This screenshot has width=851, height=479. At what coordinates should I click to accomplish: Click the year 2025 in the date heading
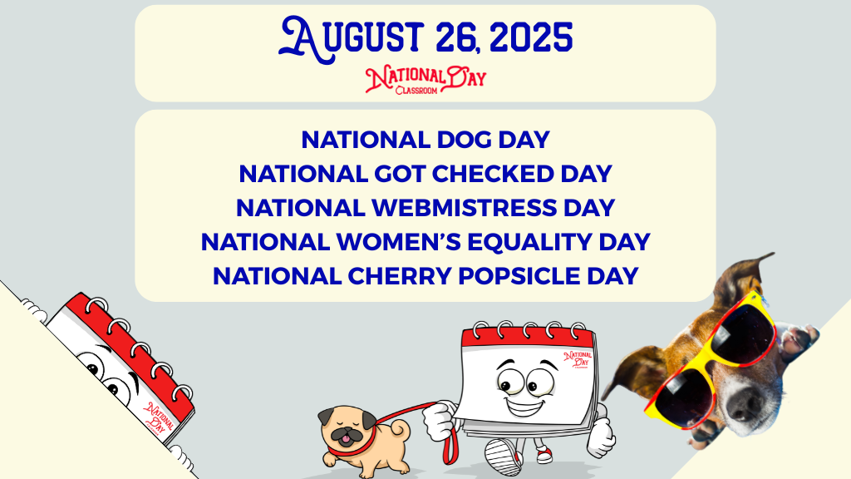531,37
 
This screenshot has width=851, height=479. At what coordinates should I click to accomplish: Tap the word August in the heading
351,39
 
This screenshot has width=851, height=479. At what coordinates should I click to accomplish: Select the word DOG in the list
464,140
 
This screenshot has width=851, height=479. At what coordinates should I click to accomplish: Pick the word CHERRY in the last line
400,276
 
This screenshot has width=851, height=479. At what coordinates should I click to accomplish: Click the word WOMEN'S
398,242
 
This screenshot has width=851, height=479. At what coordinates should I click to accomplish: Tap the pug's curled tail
401,429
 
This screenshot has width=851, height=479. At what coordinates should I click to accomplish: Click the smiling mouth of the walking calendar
525,405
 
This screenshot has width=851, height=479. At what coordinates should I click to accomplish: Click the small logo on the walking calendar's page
578,359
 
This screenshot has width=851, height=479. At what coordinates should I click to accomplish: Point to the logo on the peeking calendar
160,417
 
